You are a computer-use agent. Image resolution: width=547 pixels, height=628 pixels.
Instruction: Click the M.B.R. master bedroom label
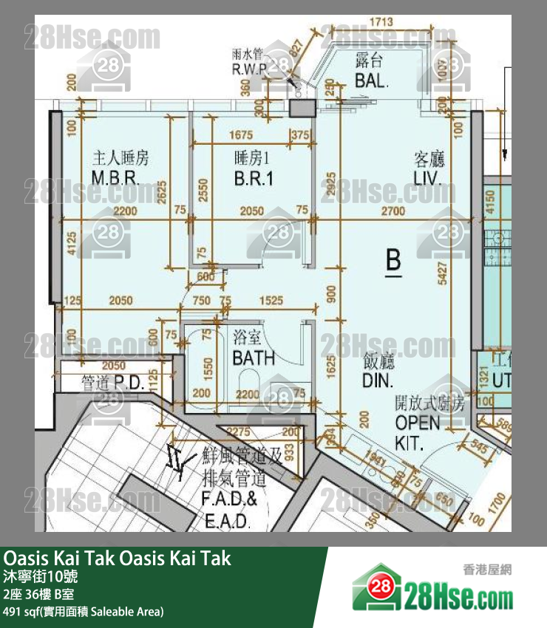click(121, 168)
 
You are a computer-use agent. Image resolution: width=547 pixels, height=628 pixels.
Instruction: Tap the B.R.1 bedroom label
click(254, 168)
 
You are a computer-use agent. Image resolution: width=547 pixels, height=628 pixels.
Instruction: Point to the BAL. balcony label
click(371, 72)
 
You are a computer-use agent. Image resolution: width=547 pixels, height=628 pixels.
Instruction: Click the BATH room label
click(253, 349)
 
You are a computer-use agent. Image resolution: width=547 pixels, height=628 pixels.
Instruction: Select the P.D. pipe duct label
click(112, 383)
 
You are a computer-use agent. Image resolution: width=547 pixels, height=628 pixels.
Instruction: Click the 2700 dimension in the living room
click(393, 211)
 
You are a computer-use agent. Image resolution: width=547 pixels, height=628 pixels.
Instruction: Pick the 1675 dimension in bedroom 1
click(241, 135)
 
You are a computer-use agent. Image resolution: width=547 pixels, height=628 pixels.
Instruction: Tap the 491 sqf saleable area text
click(83, 611)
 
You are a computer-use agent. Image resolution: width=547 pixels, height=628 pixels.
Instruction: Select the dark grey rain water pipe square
click(300, 110)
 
